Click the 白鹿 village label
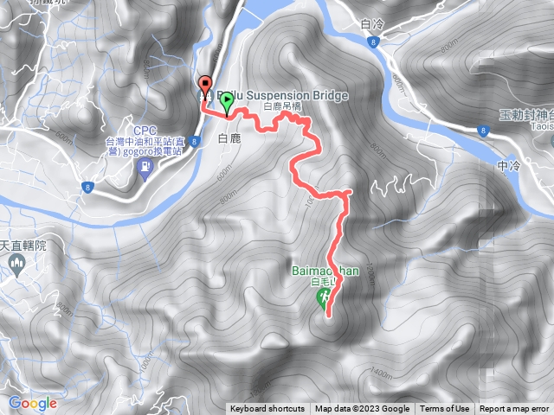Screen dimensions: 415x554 229,138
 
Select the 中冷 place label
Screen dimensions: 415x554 510,163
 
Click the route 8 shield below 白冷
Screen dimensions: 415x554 370,41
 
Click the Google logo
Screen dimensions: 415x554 33,403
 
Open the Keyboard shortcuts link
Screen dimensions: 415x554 267,409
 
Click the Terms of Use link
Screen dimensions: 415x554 445,409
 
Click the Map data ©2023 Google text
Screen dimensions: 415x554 362,409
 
